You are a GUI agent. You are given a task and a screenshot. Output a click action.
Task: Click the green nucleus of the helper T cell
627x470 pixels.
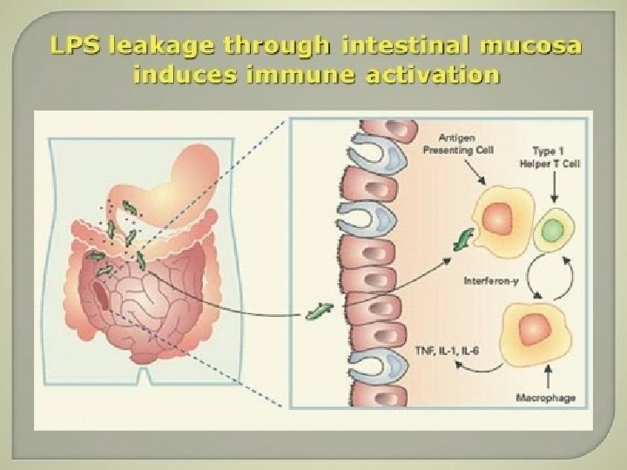(x=550, y=231)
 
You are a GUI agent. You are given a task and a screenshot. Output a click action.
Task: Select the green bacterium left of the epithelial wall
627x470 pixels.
(x=320, y=310)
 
